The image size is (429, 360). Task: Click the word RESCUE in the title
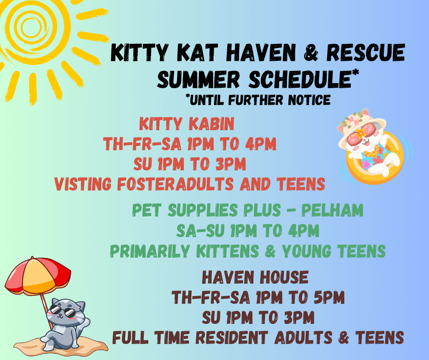pos(366,53)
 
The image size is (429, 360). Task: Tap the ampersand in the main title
pos(311,53)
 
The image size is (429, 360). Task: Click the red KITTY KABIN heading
pos(187,124)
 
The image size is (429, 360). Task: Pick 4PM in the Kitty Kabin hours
pos(261,144)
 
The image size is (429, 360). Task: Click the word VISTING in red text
pos(83,184)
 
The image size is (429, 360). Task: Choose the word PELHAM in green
pos(332,211)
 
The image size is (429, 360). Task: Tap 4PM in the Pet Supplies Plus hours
pos(303,231)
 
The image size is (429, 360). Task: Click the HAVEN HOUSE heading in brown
pos(255,277)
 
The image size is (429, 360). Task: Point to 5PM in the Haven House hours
pos(329,297)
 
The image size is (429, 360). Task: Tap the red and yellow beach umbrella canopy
pos(38,275)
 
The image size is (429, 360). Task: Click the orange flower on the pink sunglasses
pos(361,133)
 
